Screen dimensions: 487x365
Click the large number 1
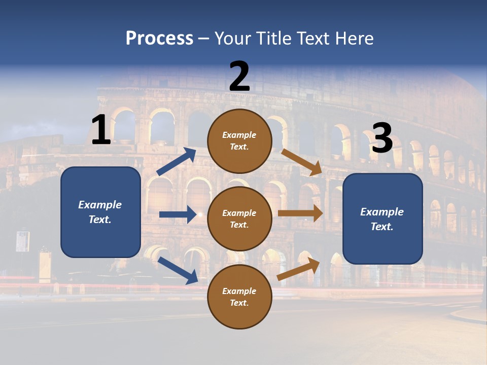101,130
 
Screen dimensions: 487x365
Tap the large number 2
239,77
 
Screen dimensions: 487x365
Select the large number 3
382,138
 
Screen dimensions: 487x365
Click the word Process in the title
159,38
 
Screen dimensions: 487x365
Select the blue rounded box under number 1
100,212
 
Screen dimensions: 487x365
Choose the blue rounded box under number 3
382,218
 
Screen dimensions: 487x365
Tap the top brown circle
239,141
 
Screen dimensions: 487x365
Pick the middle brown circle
239,218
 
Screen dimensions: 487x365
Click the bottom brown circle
239,297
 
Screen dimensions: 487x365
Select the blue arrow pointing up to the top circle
177,162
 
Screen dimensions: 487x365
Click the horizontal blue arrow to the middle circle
178,214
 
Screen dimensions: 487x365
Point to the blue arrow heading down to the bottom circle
178,270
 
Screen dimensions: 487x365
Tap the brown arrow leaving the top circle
302,162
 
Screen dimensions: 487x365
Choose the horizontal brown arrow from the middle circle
300,213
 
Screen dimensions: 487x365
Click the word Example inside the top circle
239,135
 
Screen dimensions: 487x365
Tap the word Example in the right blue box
382,212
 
